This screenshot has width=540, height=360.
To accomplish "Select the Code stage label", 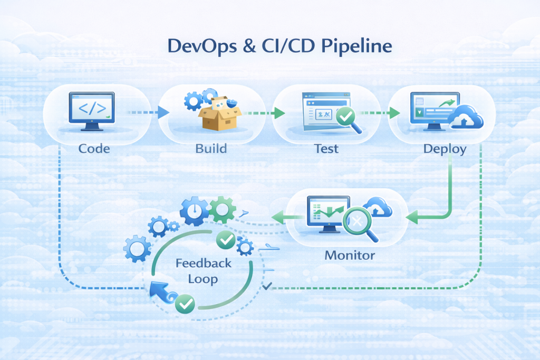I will pos(94,149).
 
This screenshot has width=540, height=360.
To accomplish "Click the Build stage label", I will pos(211,149).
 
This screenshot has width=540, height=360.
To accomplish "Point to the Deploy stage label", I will pos(445,149).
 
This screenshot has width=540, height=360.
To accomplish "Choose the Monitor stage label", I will pos(350,256).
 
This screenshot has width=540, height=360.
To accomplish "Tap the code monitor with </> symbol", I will pos(91,111).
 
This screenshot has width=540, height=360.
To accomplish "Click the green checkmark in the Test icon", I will pos(345,116).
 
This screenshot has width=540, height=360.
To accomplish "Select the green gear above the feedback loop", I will pos(221,209).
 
